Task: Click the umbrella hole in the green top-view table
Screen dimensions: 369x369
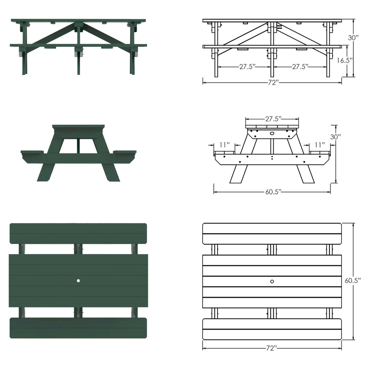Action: (x=78, y=281)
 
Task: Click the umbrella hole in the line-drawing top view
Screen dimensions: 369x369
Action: (x=272, y=281)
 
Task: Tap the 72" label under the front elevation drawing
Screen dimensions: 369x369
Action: (x=272, y=83)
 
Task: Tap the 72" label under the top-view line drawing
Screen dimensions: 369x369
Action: (x=272, y=348)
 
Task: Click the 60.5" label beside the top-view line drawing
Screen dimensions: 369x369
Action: (x=353, y=280)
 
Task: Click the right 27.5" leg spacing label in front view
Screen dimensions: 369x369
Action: (x=300, y=67)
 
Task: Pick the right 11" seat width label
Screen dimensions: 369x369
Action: (x=320, y=144)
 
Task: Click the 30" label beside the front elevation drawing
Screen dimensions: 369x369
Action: (x=353, y=38)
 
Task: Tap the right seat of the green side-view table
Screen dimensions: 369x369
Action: (x=124, y=152)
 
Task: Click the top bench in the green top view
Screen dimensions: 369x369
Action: (x=78, y=233)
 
